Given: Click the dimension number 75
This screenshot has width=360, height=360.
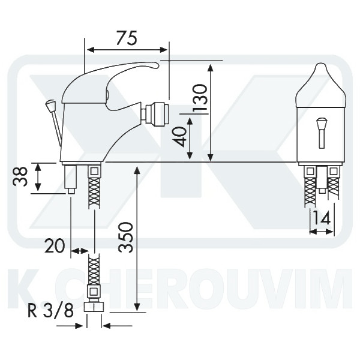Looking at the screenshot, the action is pos(127,38).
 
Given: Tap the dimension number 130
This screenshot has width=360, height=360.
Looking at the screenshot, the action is pos(200,98).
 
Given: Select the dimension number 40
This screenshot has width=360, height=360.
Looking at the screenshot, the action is pos(180,137).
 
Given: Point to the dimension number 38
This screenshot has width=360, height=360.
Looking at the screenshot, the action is pos(20,176).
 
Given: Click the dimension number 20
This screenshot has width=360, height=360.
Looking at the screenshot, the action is pos(55,245).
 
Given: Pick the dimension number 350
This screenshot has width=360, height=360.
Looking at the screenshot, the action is pos(125,237).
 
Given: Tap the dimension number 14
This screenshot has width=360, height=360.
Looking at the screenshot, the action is pos(322,218).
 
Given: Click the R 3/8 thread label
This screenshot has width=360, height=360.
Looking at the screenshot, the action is pos(50,310).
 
